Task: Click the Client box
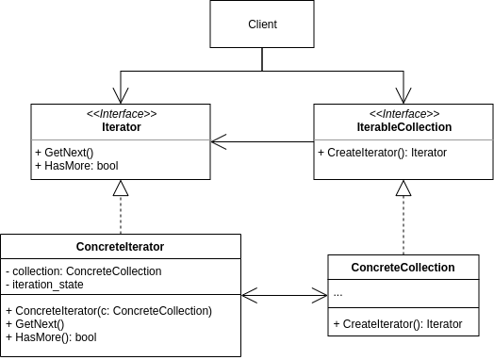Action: [261, 25]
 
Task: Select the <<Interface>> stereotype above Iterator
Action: [121, 114]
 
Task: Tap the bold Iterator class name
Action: [121, 127]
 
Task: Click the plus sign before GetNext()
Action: [38, 153]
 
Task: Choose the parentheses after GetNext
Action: [89, 153]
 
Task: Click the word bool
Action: [107, 166]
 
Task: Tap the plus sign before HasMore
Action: [38, 166]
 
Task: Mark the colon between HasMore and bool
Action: [92, 166]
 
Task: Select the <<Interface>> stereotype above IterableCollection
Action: [403, 114]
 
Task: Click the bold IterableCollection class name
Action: [403, 127]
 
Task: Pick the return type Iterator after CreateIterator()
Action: [428, 153]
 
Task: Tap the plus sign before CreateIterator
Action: [321, 153]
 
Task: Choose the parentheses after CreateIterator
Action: [400, 153]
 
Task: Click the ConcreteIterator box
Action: [121, 247]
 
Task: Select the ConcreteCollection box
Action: [403, 268]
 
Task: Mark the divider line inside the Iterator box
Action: [121, 140]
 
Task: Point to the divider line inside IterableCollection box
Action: [403, 140]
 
